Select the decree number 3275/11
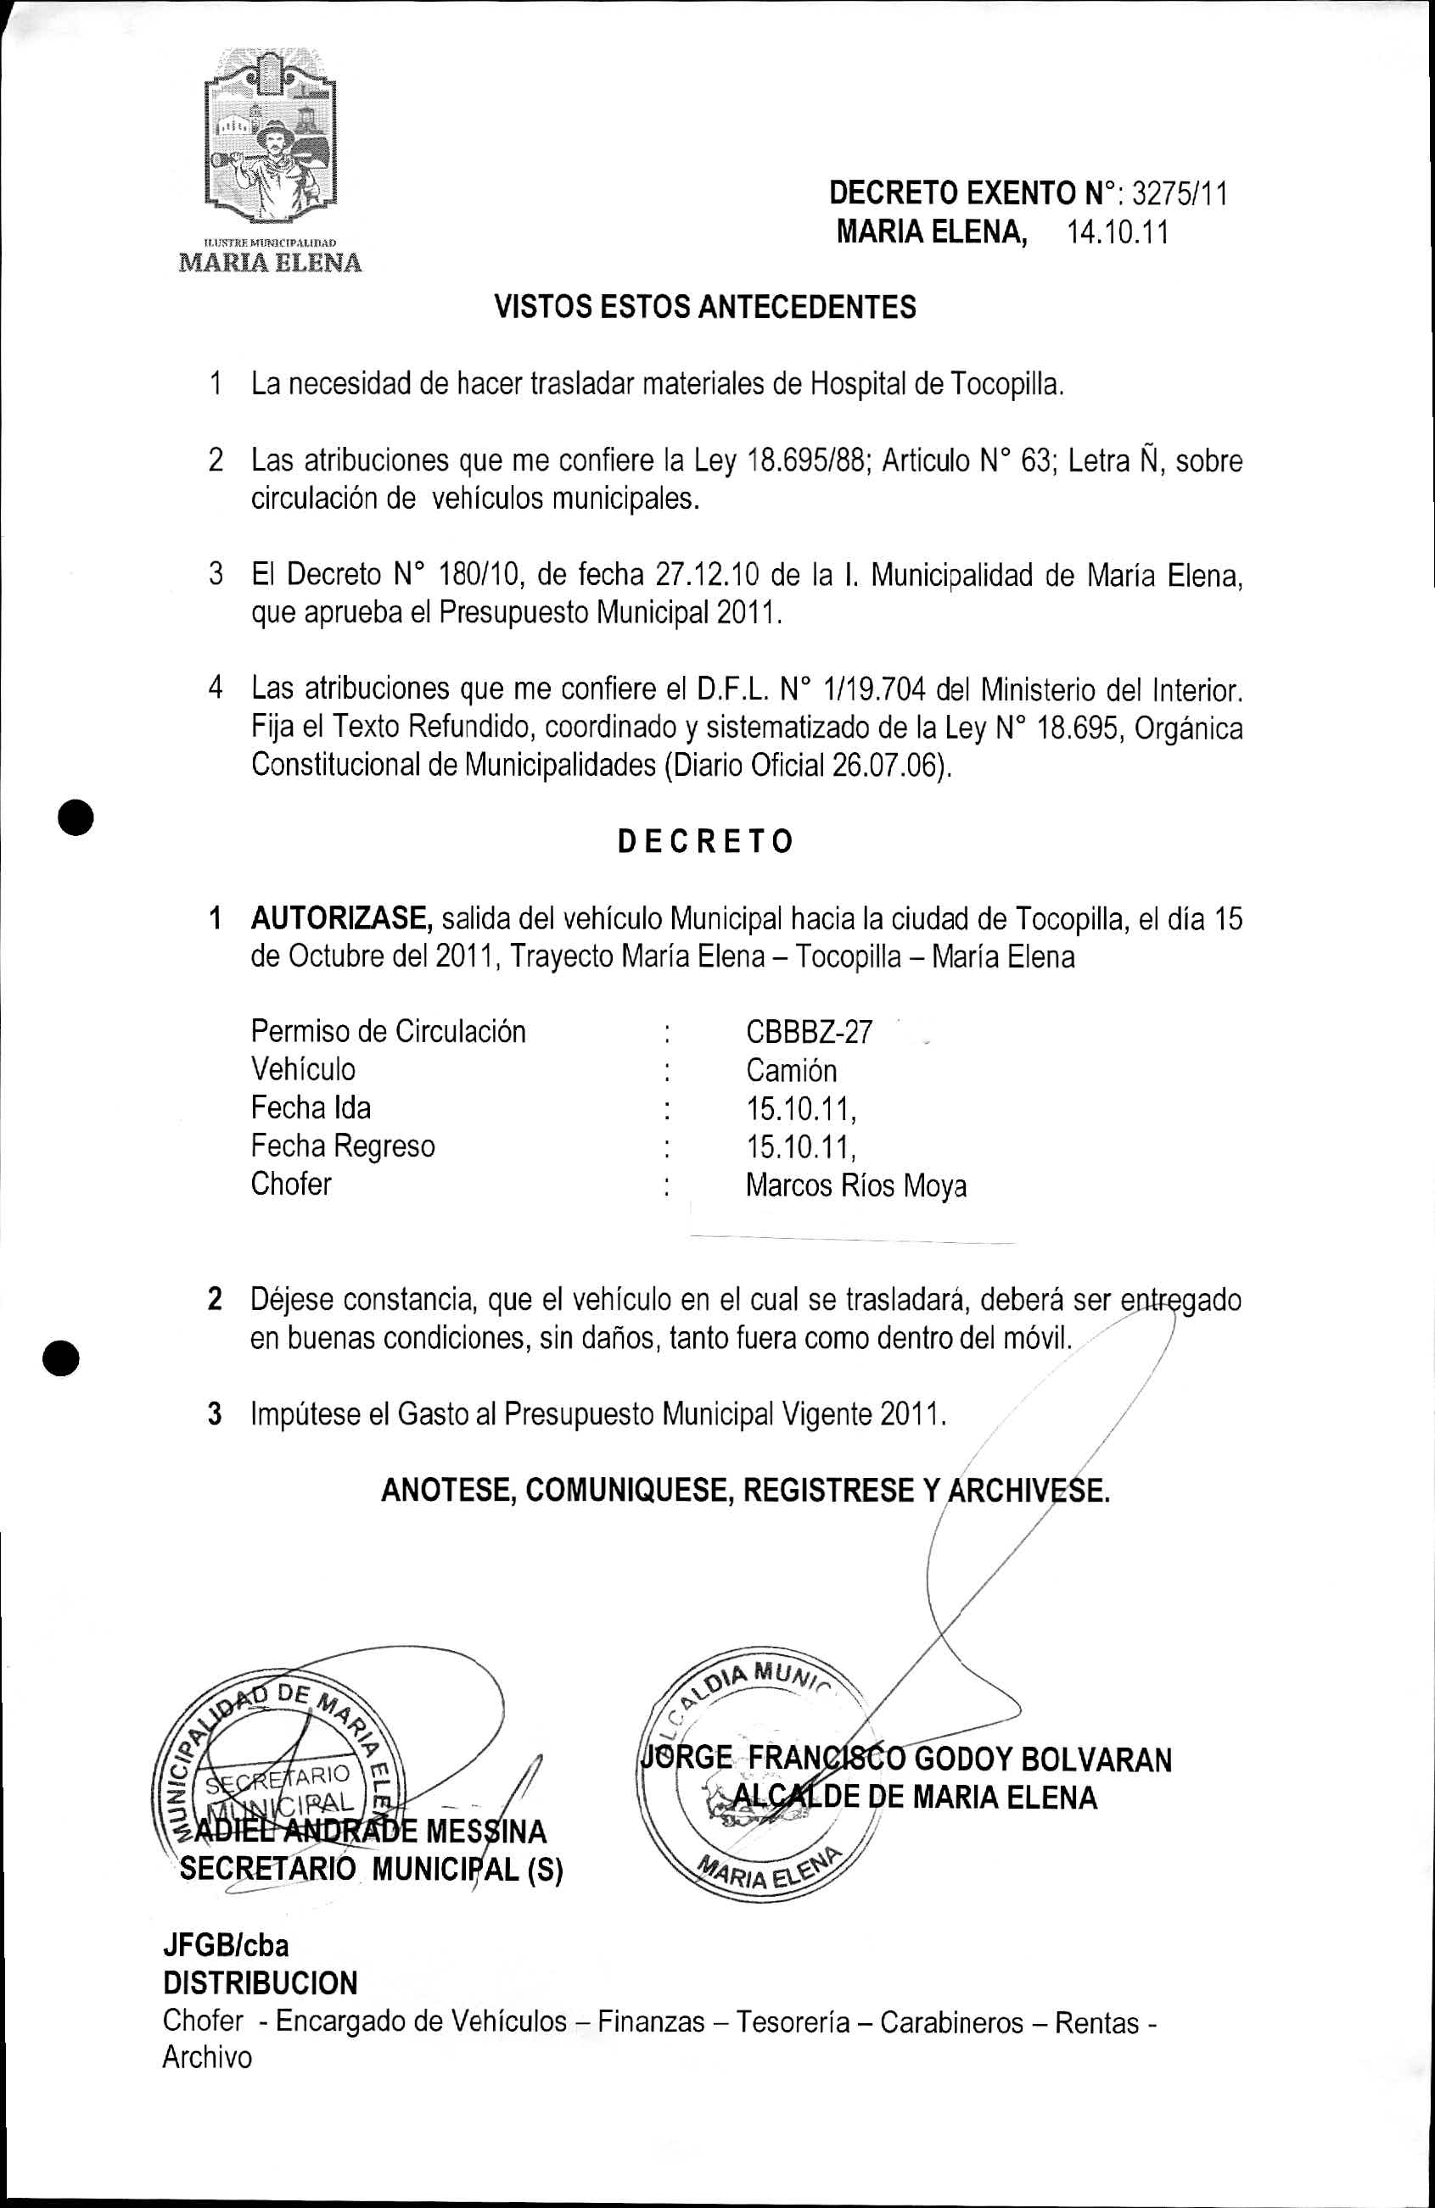click(1179, 193)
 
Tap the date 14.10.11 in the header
click(1118, 232)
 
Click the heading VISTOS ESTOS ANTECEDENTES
click(704, 307)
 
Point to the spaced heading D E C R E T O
click(705, 841)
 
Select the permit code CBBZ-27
click(809, 1032)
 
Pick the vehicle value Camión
click(791, 1071)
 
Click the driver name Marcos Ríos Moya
click(855, 1185)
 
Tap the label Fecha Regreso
click(343, 1146)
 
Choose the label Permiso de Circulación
click(388, 1031)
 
